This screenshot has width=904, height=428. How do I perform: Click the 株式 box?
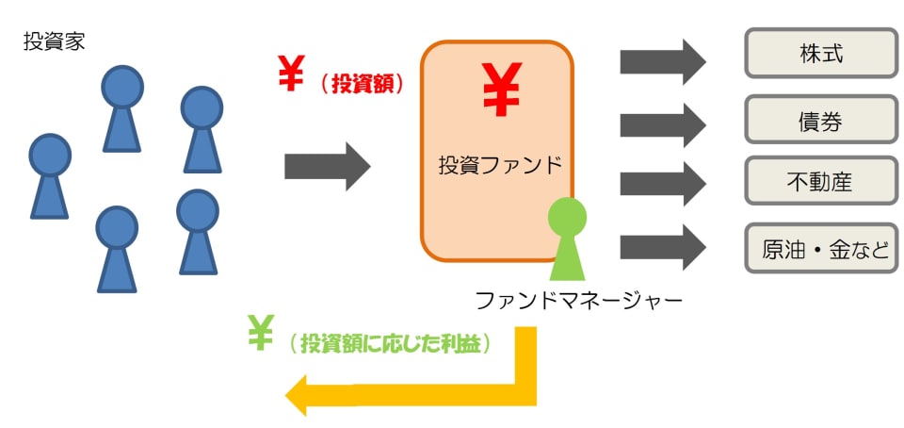(821, 53)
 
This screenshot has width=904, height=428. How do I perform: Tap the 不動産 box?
(821, 182)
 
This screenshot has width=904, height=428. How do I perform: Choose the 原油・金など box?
(821, 248)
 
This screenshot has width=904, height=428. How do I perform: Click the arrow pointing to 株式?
(662, 62)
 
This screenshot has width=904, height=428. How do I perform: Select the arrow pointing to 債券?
(662, 123)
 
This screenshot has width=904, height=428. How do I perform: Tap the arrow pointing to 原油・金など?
(662, 247)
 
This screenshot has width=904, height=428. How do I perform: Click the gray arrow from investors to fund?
(327, 167)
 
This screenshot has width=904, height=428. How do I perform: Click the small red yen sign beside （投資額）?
(292, 74)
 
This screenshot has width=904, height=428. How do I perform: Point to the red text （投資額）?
(361, 84)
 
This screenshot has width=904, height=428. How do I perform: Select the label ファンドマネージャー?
(577, 301)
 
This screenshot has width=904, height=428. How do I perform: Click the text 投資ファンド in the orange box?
(499, 165)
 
